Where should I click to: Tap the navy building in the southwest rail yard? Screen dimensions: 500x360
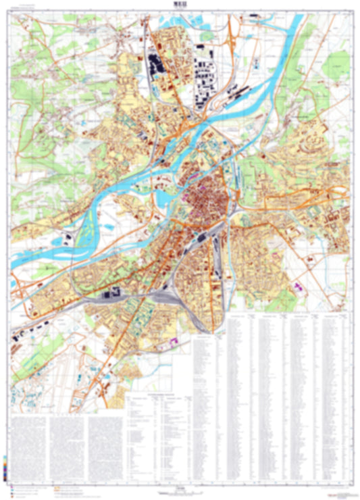(111, 293)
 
